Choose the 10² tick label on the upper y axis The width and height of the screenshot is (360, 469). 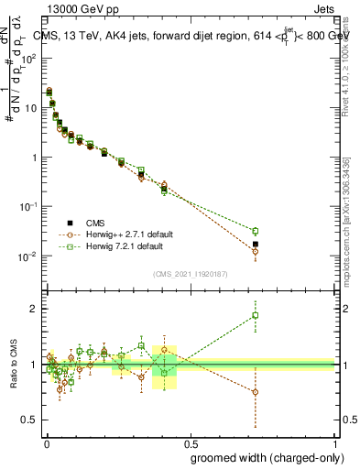click(x=27, y=58)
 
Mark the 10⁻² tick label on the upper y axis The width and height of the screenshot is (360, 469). click(x=27, y=256)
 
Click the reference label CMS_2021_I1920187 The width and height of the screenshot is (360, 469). click(x=190, y=274)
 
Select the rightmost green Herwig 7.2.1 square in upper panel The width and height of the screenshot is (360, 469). click(x=256, y=231)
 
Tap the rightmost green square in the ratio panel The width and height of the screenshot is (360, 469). click(x=256, y=315)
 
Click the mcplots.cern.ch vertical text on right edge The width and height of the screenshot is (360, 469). click(x=352, y=238)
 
